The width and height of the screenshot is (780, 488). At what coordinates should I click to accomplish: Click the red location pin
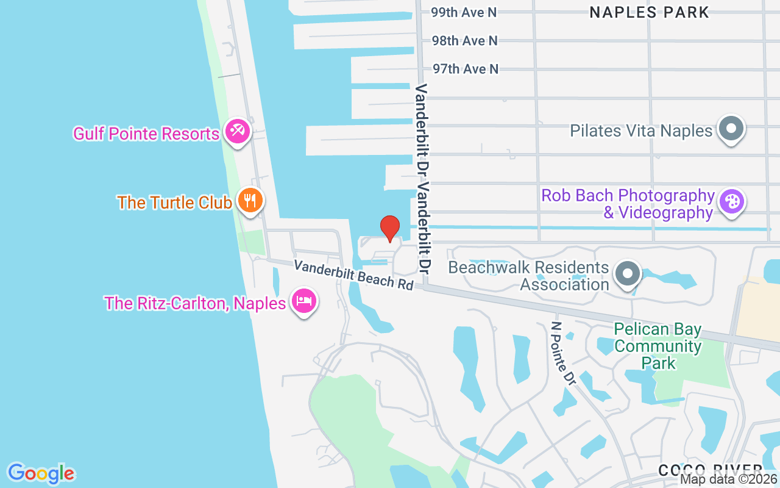coord(390,228)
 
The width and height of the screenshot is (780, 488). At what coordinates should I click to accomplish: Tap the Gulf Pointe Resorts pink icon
coord(237,131)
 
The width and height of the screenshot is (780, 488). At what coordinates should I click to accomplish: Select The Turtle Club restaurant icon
coord(249,200)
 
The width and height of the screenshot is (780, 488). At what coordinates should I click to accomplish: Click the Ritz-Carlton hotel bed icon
coord(303,301)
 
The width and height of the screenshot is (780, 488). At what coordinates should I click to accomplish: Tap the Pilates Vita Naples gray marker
coord(731,129)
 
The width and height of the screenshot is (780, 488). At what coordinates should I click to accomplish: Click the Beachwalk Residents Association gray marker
coord(627,274)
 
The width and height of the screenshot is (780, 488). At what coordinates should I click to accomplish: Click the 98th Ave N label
coord(464,41)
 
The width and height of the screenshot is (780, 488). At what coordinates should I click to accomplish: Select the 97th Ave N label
coord(466,69)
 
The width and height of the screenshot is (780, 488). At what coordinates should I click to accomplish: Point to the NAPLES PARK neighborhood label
coord(650,12)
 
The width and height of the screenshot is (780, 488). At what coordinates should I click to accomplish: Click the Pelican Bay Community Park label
coord(658,346)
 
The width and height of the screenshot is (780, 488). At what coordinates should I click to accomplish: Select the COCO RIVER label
coord(710,470)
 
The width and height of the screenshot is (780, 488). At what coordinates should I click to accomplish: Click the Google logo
coord(41,473)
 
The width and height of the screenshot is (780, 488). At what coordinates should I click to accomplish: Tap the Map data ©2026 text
coord(728,479)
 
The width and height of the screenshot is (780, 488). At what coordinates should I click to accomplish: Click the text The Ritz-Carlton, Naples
coord(195,303)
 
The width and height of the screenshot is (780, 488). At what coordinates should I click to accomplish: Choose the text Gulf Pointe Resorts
coord(146,134)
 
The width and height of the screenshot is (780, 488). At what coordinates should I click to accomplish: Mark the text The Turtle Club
coord(175,203)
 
